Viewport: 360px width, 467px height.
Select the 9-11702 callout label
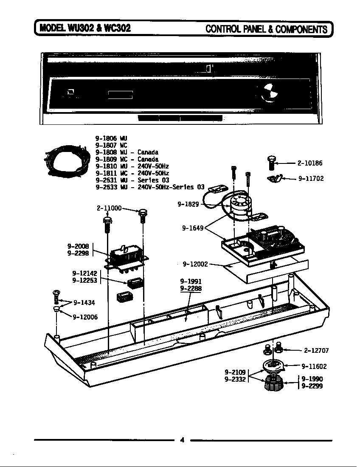point(311,179)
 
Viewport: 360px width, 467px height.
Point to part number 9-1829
point(188,204)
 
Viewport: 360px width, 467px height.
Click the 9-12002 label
point(195,264)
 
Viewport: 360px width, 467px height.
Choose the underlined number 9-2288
point(191,288)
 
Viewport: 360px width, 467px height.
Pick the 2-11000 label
point(109,208)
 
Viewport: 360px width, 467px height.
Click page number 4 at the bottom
point(182,440)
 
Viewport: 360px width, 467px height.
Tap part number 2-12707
point(316,351)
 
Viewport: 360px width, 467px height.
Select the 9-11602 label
point(314,366)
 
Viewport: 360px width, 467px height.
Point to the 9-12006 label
point(85,316)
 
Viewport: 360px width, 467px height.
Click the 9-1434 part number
point(84,303)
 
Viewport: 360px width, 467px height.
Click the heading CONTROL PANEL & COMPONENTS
point(266,29)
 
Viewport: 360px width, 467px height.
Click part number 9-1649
point(193,228)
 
